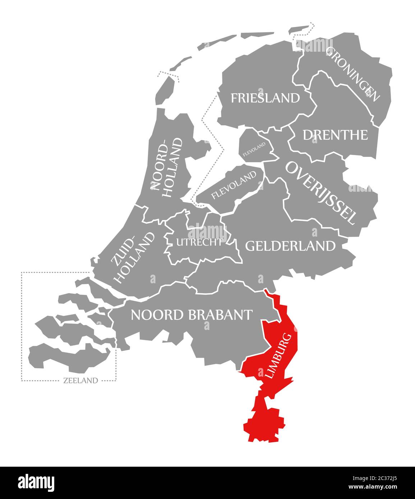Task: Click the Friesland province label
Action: point(265,98)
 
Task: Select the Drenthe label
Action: point(335,135)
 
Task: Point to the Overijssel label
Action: point(321,192)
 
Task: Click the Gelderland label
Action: point(290,246)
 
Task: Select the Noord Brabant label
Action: point(191,315)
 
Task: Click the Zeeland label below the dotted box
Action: point(80,381)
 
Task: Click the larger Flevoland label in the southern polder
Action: point(234,185)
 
